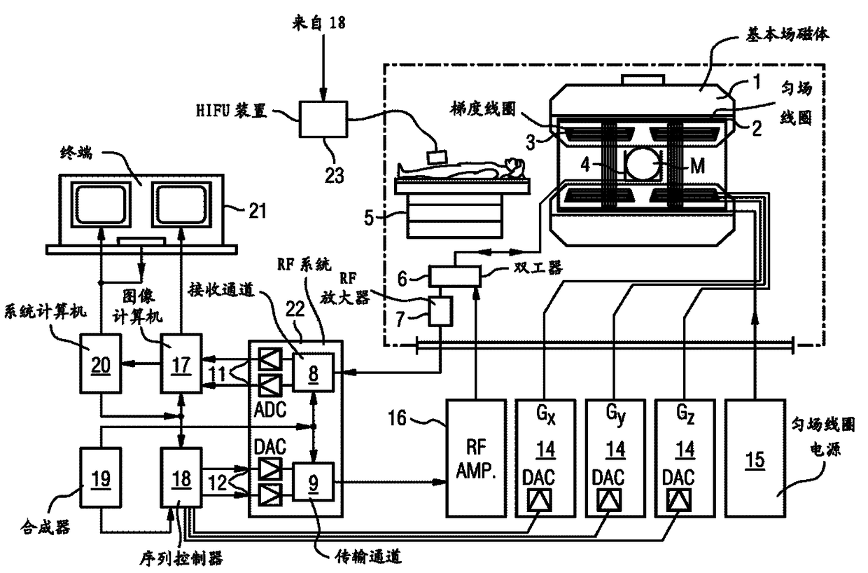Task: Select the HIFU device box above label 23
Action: [x=323, y=118]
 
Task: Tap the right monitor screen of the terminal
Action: [x=181, y=205]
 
